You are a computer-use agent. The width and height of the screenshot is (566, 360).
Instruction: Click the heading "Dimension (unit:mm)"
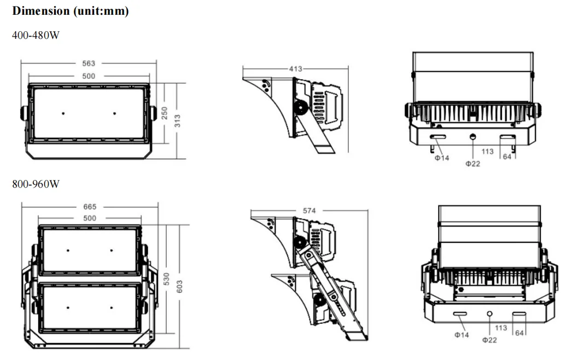pos(71,11)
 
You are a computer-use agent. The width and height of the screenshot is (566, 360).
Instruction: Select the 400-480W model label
pos(36,36)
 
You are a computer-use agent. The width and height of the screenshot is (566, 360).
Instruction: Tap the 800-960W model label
pos(36,184)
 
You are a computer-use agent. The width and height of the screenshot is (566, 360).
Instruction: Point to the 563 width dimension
pos(89,63)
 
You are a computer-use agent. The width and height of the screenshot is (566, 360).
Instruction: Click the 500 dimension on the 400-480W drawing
pos(89,76)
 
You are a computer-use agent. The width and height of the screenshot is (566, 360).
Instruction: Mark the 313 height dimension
pos(177,120)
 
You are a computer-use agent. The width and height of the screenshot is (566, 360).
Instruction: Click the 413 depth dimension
pos(296,69)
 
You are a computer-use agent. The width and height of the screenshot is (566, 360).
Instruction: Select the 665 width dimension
pos(90,207)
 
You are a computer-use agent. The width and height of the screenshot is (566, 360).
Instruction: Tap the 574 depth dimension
pos(310,211)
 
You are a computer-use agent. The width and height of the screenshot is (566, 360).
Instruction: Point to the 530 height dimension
pos(167,278)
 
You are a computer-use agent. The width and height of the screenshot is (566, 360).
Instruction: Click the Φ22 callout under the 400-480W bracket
pos(472,164)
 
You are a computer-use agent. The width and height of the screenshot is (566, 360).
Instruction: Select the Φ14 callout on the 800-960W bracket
pos(462,335)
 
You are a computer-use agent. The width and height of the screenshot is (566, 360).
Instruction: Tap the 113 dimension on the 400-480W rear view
pos(488,152)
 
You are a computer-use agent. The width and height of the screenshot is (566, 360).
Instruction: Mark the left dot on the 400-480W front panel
pos(63,113)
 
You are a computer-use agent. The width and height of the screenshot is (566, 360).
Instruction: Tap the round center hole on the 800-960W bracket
pos(490,314)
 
